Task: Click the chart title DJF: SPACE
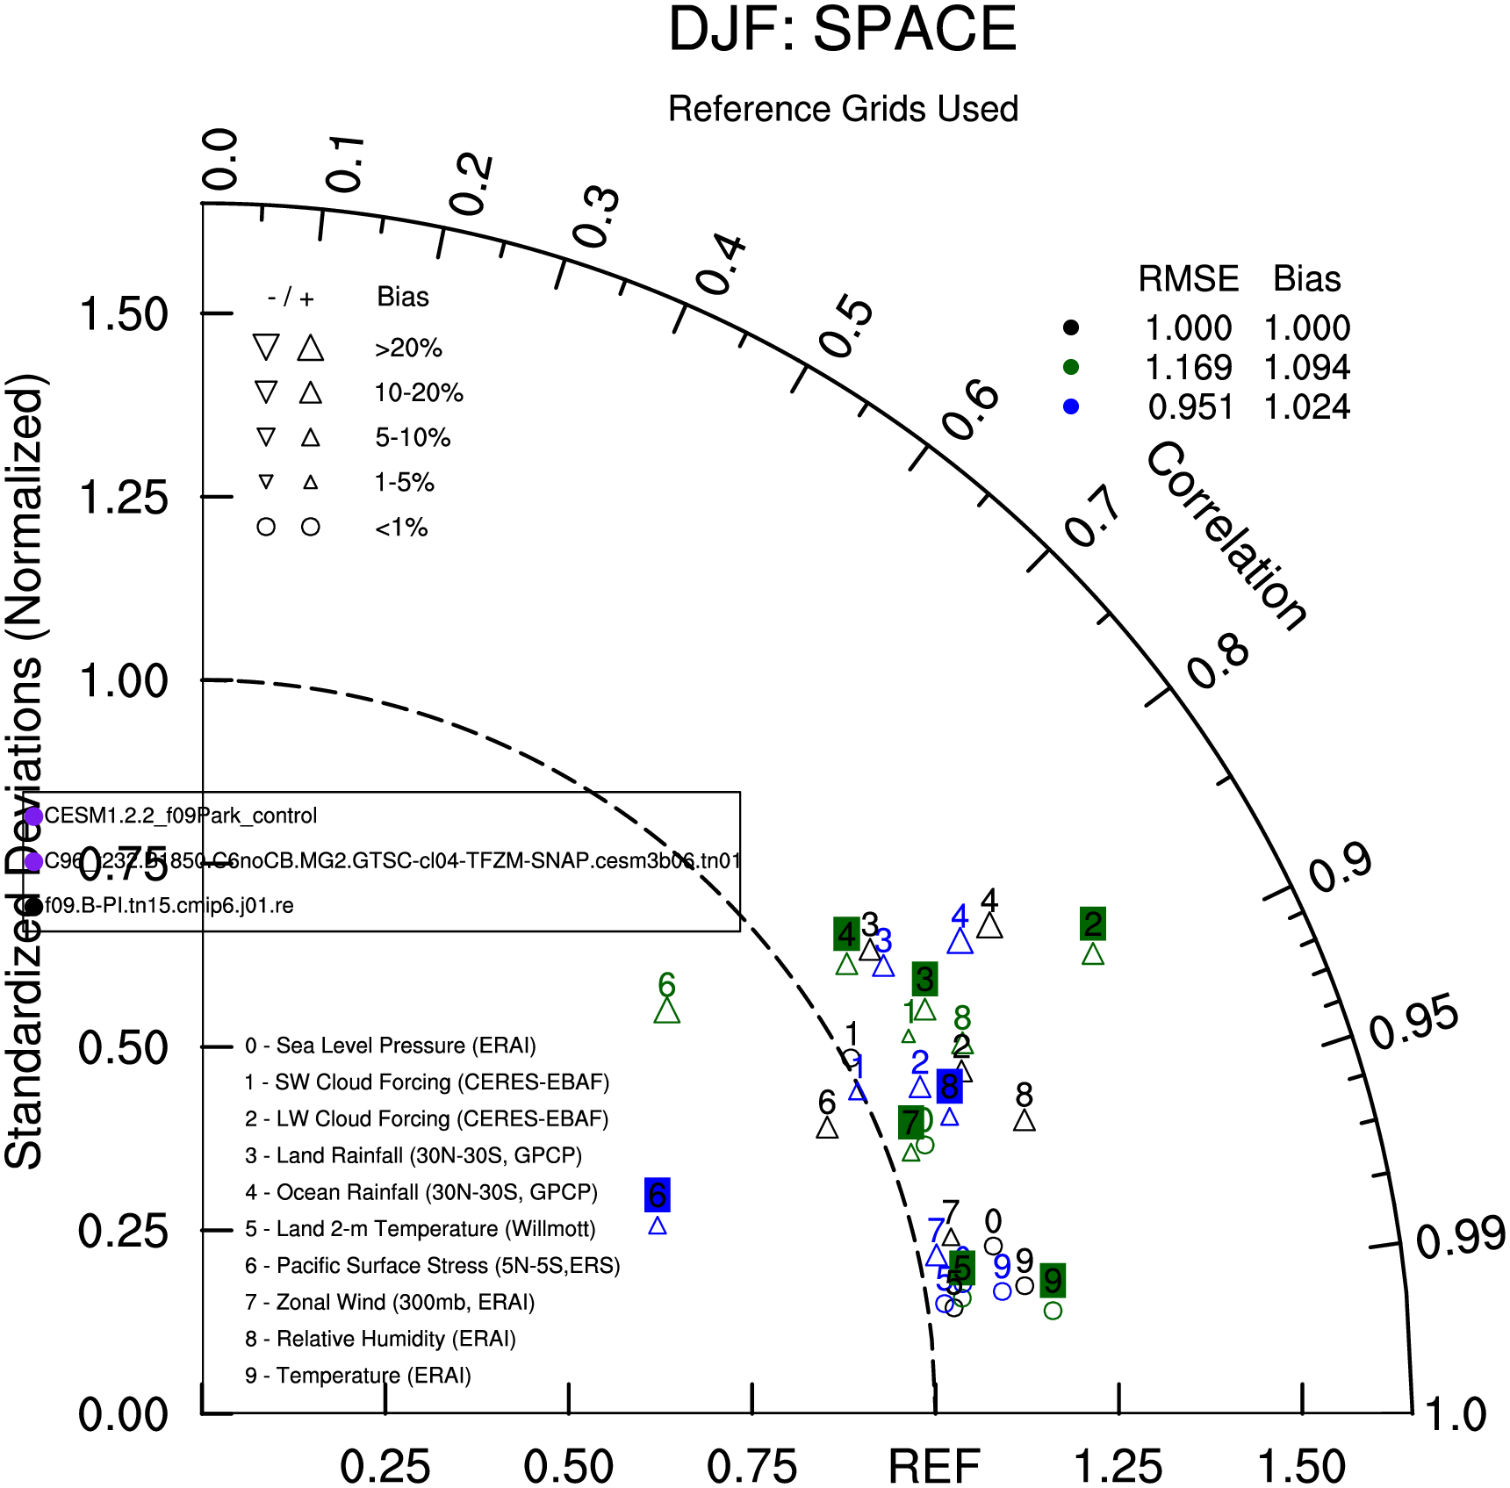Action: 842,31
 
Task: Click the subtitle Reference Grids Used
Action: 843,109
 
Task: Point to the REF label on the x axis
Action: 934,1465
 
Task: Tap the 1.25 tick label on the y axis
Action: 124,498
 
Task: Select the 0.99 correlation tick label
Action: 1460,1238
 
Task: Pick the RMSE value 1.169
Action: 1189,368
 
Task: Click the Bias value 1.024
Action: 1306,407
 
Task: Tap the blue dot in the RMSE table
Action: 1070,407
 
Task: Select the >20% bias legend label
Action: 408,349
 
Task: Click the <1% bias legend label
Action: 401,528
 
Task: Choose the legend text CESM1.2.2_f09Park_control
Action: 180,816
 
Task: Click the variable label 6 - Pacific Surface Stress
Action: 433,1265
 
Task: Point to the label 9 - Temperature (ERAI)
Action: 358,1375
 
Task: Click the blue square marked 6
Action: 658,1195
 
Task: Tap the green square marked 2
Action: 1093,924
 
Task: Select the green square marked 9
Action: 1053,1281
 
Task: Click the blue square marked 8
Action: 949,1087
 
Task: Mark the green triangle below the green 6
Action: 667,1011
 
